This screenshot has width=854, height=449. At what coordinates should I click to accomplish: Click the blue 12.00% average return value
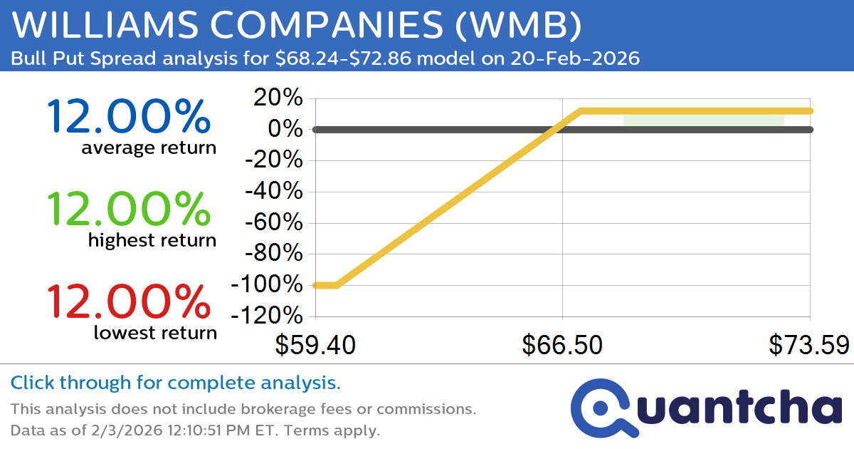[x=128, y=118]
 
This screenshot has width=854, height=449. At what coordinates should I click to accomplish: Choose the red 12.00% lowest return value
[x=128, y=302]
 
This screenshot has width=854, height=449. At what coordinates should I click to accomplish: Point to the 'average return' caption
[x=148, y=148]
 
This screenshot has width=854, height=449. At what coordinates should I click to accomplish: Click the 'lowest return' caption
[x=155, y=332]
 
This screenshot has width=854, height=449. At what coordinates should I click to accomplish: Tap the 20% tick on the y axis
[x=280, y=98]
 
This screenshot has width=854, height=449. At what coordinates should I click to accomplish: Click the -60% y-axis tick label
[x=274, y=223]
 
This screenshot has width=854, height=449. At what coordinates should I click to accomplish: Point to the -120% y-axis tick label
[x=267, y=316]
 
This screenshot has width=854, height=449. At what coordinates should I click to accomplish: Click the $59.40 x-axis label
[x=316, y=346]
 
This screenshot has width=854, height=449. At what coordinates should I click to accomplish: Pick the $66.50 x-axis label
[x=562, y=346]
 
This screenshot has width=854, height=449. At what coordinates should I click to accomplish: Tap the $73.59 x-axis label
[x=808, y=346]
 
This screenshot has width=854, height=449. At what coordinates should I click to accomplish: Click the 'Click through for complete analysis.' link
[x=175, y=383]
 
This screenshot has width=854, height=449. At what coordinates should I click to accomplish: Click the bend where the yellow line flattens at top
[x=581, y=111]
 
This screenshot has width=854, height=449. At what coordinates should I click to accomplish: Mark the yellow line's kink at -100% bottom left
[x=337, y=285]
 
